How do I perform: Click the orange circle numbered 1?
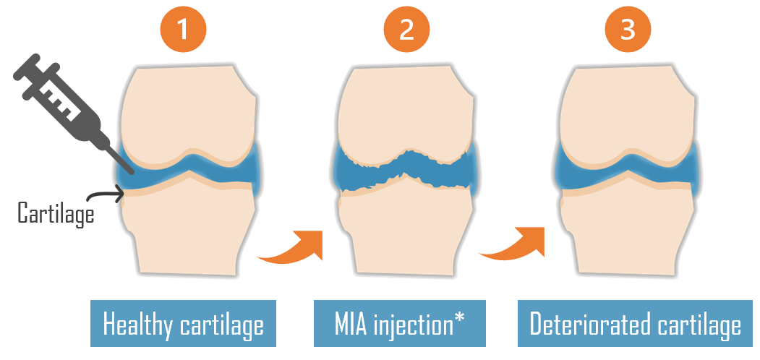183,30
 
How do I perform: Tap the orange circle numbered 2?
406,30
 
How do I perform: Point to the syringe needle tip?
132,172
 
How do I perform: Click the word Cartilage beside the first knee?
56,214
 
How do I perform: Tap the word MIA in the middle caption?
351,324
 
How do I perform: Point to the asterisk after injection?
458,317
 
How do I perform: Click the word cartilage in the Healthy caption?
222,324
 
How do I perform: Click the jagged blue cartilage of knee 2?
406,171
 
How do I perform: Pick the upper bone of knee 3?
628,114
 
